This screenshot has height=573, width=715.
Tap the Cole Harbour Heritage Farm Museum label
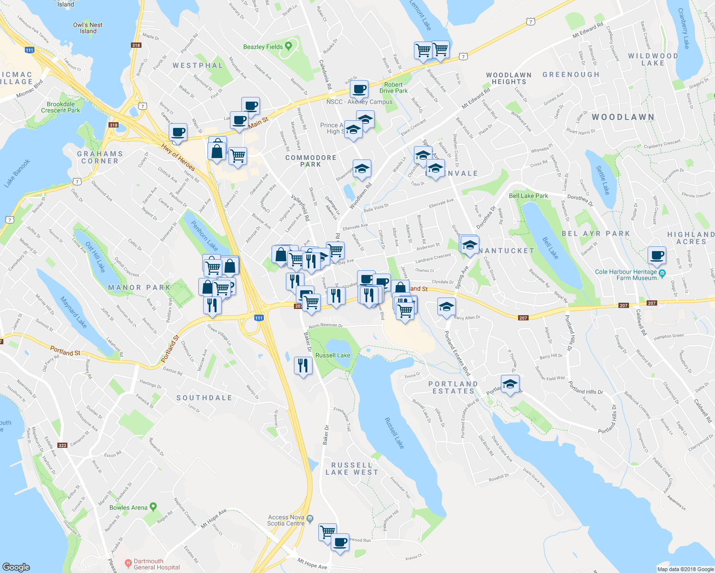coord(626,275)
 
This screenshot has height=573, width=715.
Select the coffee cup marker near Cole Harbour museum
coord(657,255)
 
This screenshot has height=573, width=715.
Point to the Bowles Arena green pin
coord(153,507)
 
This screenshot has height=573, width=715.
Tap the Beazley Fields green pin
coord(288,46)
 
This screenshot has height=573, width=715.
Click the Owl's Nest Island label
coord(88,28)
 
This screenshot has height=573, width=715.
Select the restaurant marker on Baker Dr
coord(303,365)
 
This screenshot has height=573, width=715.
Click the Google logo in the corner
coord(16,567)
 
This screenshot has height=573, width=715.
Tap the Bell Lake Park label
coord(528,196)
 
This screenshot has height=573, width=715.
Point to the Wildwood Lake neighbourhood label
coord(652,59)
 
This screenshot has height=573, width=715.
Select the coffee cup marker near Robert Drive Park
coord(358,88)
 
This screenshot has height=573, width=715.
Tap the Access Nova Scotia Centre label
coord(286,520)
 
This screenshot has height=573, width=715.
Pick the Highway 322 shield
coord(63,445)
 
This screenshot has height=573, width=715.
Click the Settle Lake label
coord(603,180)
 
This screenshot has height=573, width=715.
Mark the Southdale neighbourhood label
coord(204,398)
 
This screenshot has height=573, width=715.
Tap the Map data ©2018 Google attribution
coord(685,569)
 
